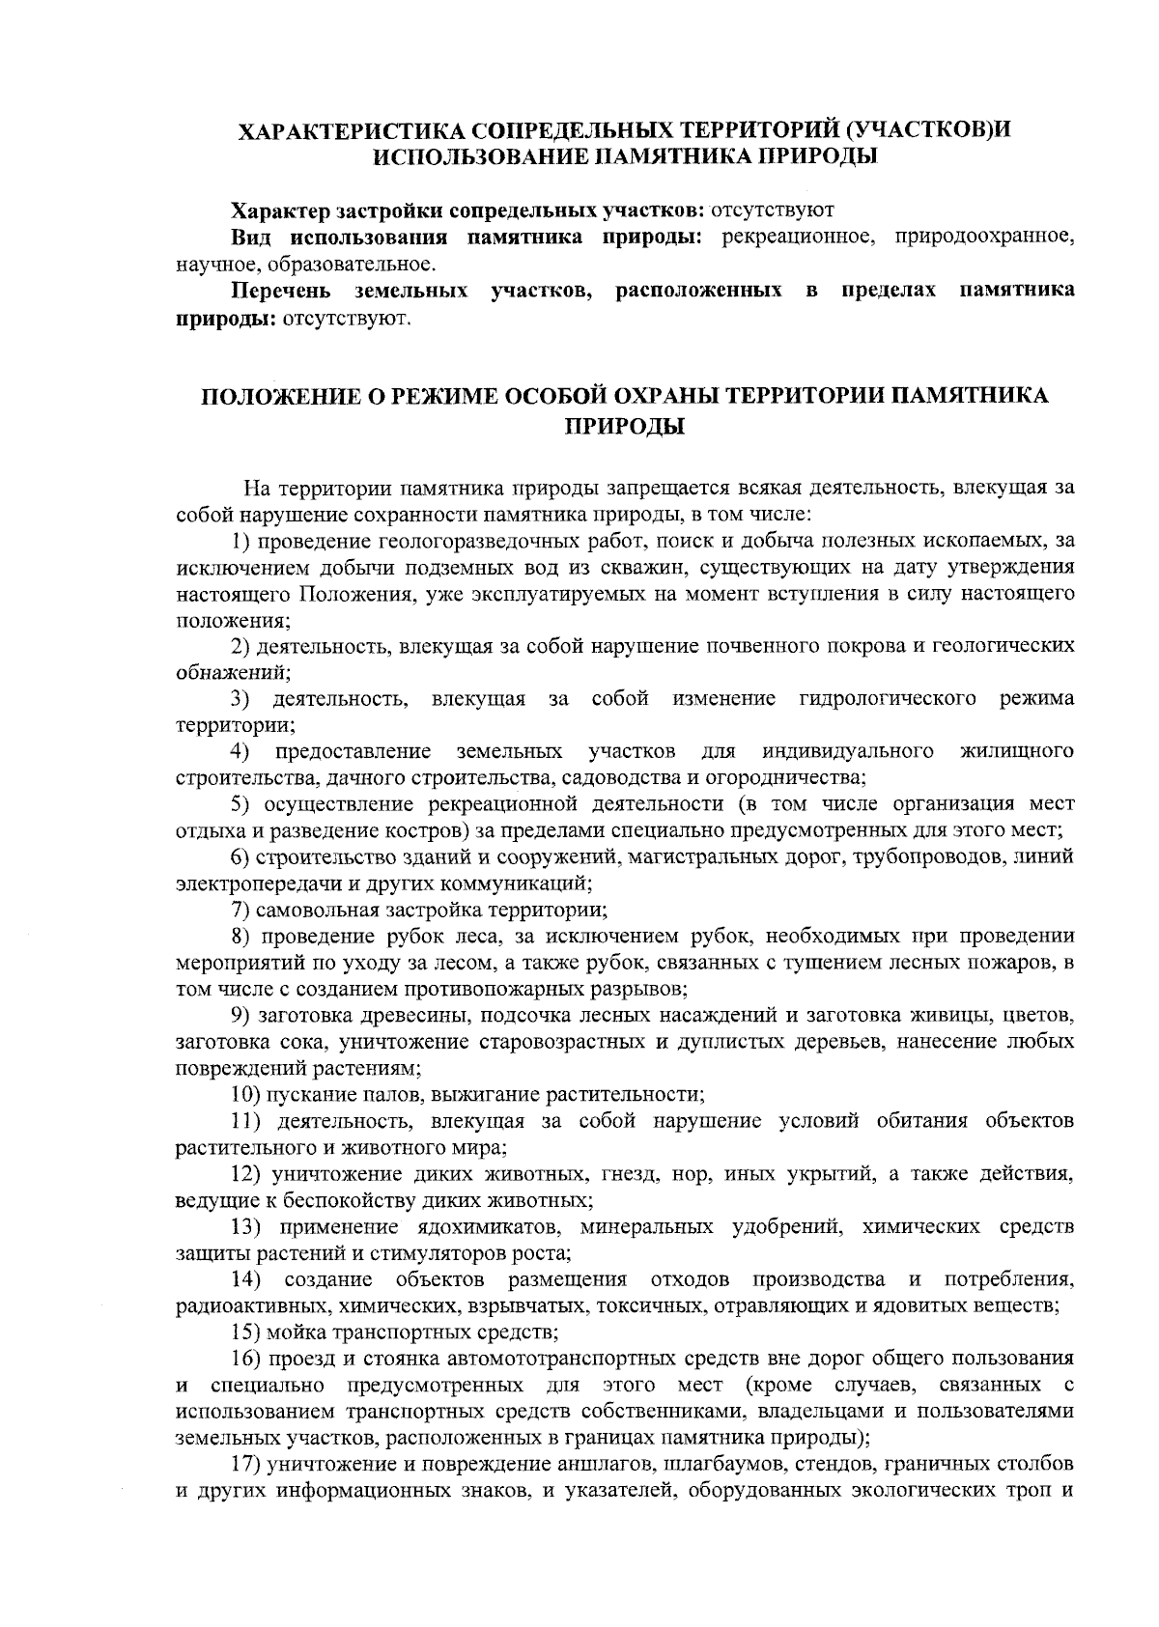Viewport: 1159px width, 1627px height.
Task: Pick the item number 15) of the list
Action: (246, 1333)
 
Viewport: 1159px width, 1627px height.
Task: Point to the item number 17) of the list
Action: (246, 1466)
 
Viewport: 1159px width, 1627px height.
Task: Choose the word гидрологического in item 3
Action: (889, 698)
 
